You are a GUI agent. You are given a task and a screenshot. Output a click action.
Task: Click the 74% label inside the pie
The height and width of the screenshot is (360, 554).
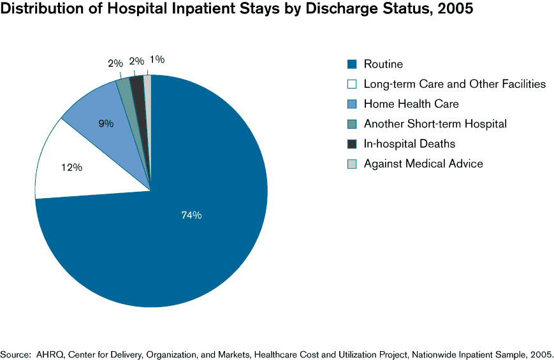tap(191, 215)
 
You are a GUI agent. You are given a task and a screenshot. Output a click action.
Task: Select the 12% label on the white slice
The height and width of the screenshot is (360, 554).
tap(71, 168)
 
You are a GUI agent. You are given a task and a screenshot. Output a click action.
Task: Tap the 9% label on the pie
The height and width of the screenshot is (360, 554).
tap(106, 123)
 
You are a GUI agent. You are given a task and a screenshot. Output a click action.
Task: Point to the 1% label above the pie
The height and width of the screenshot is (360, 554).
tap(156, 60)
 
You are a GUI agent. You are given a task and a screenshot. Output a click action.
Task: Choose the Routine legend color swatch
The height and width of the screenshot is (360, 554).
tap(351, 64)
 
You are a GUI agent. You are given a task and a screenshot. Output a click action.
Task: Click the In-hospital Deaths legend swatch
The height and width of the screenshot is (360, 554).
tap(351, 144)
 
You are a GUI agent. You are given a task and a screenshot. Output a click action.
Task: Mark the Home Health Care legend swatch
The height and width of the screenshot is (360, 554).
tap(351, 104)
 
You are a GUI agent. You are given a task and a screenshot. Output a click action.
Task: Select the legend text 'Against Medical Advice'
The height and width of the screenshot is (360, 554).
tap(423, 164)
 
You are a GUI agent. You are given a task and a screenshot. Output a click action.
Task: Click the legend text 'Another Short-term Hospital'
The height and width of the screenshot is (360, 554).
tap(435, 124)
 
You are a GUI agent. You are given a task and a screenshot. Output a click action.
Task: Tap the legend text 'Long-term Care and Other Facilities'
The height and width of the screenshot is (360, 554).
tap(455, 83)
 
